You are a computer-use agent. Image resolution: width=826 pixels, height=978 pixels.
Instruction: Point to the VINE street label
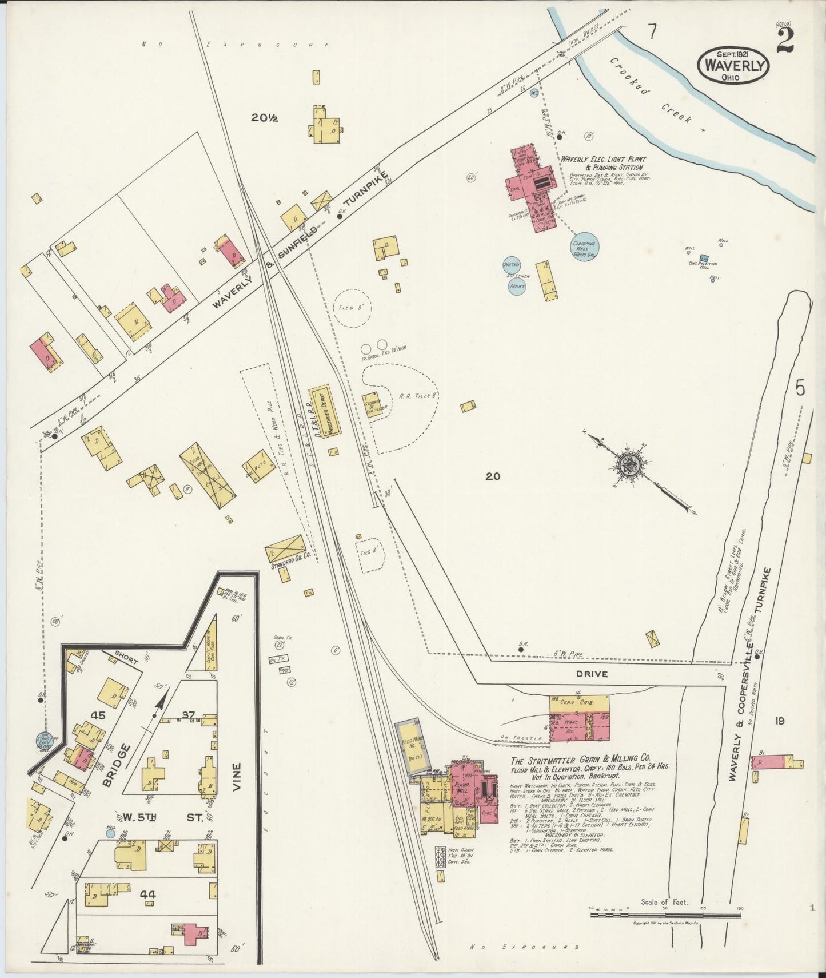239,777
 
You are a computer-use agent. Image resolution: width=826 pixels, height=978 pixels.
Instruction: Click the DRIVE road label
592,674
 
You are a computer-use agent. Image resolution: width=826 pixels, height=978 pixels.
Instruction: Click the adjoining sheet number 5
799,388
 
